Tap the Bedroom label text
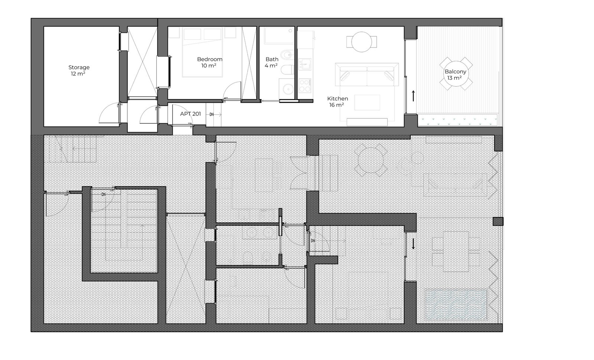point(209,59)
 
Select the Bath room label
point(272,59)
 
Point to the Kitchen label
point(337,99)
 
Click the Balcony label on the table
point(455,72)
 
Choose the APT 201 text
point(190,114)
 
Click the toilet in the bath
point(287,70)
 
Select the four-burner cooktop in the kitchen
point(305,85)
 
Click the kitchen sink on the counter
point(305,65)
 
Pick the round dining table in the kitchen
point(362,42)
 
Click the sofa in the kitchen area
point(367,75)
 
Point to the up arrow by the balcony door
point(413,96)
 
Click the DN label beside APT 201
point(211,115)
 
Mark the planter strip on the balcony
point(457,120)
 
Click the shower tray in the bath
point(277,35)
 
